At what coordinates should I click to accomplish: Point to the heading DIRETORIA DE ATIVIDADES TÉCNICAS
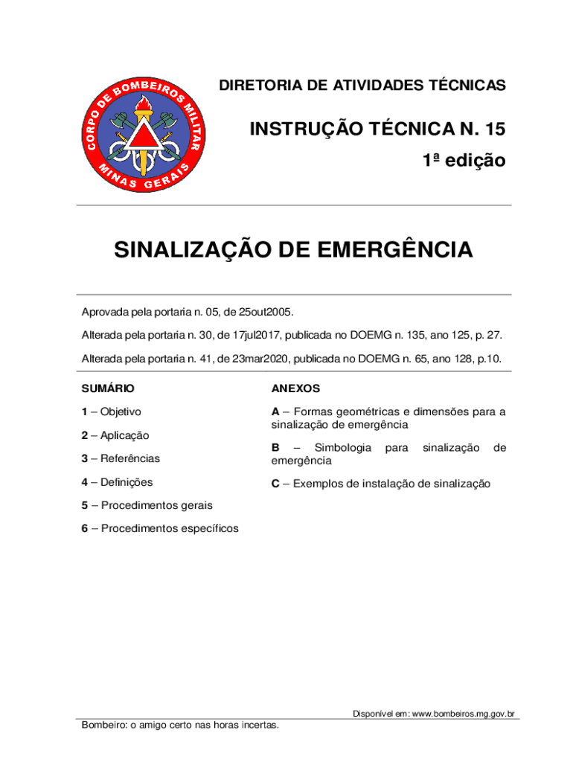click(362, 86)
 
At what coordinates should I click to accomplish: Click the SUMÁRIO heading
click(108, 388)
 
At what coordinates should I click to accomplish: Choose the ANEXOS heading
click(295, 388)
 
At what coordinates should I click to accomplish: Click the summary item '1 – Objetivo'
click(112, 412)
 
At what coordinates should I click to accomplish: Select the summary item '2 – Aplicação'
click(115, 435)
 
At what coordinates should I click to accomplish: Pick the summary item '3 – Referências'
click(121, 458)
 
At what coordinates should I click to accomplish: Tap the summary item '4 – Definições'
click(117, 482)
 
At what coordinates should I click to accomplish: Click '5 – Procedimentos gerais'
click(147, 505)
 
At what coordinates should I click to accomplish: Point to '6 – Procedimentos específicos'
click(160, 528)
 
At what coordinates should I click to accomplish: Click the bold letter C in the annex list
click(275, 484)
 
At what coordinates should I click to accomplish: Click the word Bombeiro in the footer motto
click(103, 726)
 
